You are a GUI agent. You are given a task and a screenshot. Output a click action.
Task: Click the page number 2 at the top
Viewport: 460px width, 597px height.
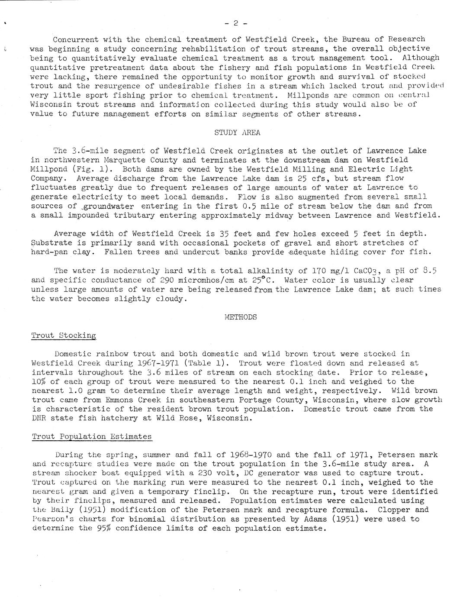coord(236,23)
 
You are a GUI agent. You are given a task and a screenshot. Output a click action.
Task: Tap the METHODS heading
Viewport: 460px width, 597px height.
coord(241,317)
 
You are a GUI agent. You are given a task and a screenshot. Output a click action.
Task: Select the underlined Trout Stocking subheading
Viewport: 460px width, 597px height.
coord(64,336)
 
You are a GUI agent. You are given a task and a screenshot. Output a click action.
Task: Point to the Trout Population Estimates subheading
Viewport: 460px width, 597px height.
coord(92,436)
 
